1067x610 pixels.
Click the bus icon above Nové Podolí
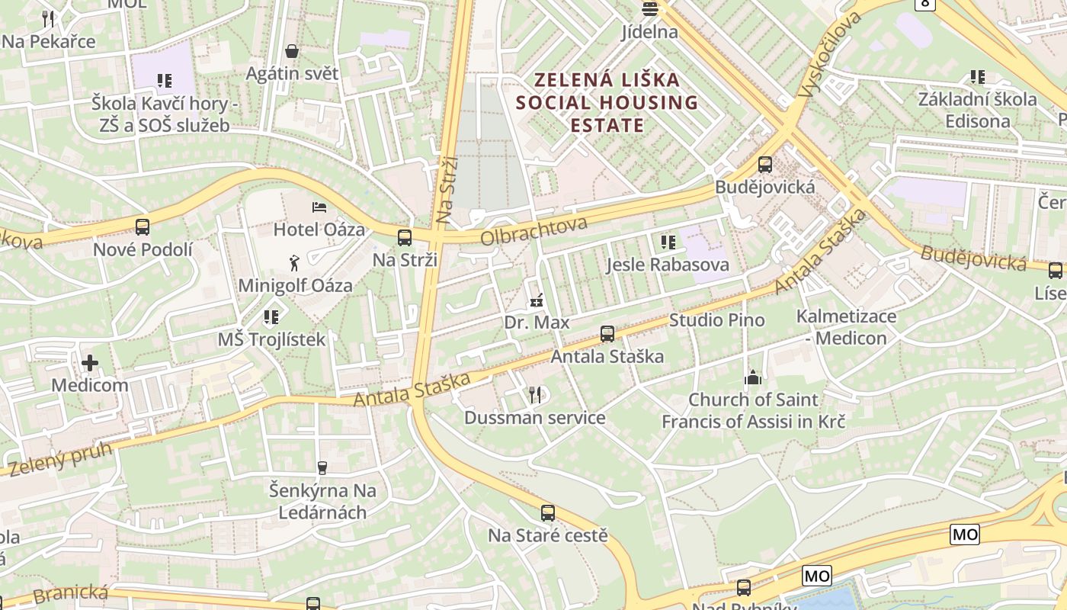(x=143, y=226)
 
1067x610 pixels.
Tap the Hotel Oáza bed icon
(x=319, y=207)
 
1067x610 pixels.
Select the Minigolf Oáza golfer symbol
(x=295, y=264)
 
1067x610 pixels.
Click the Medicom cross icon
(x=90, y=364)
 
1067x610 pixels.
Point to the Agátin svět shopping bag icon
(x=291, y=52)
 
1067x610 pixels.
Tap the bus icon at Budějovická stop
(x=765, y=165)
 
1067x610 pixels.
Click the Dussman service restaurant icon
(x=535, y=394)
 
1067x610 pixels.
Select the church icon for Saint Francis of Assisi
(x=753, y=377)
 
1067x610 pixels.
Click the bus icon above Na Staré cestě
(x=548, y=513)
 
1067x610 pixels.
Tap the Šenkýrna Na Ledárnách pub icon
(x=322, y=467)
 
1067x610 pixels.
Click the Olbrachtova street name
(x=533, y=230)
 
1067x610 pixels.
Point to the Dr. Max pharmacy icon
(x=537, y=300)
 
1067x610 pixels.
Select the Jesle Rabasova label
(x=668, y=265)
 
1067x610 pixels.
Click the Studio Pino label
(x=716, y=319)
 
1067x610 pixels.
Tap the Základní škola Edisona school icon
(x=977, y=77)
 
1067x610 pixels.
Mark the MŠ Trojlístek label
(x=271, y=339)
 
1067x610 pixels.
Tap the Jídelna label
(x=649, y=32)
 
